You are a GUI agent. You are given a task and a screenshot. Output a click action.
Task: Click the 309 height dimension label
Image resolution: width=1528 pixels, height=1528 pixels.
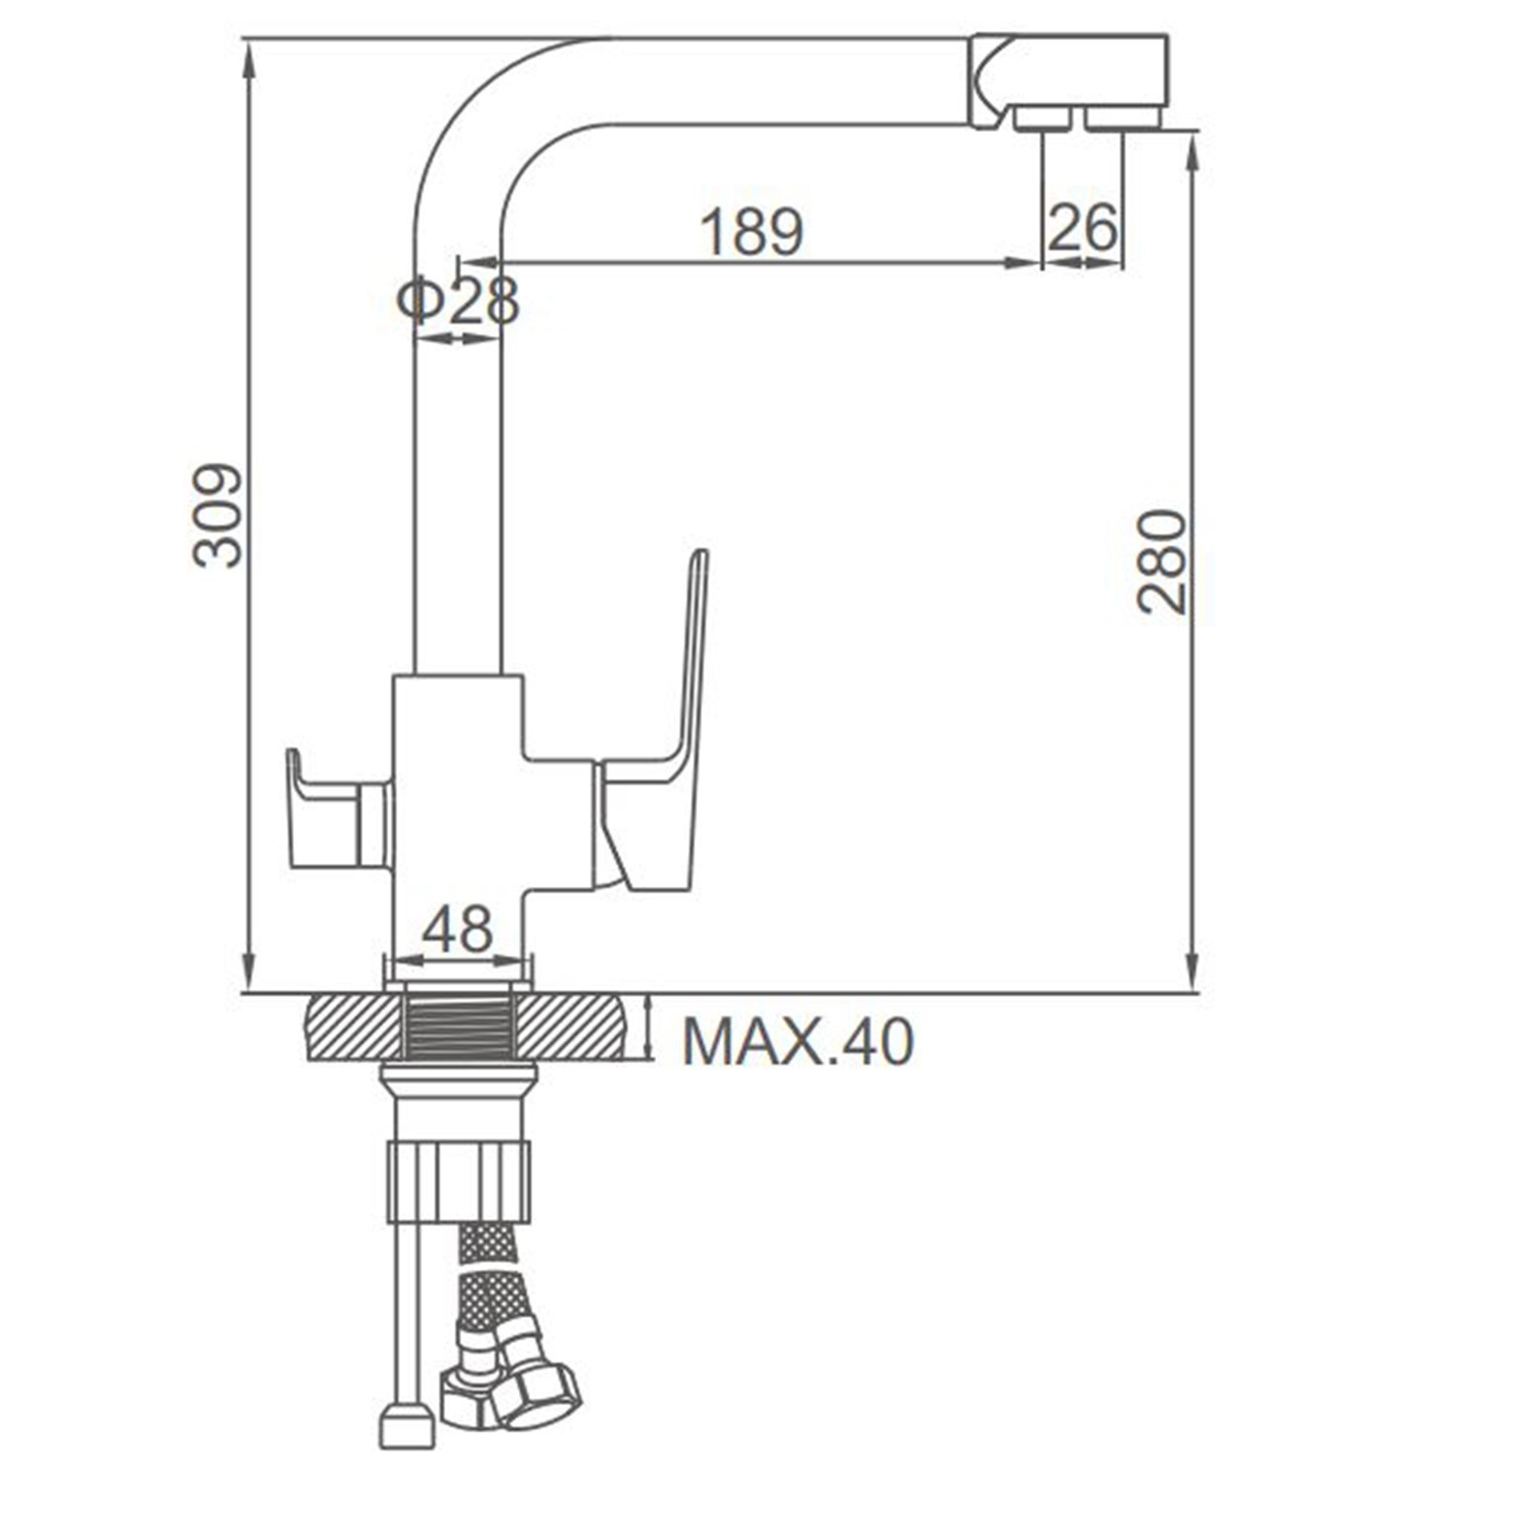(x=218, y=517)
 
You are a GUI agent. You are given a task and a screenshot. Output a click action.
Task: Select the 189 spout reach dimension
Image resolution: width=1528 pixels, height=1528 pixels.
(x=752, y=231)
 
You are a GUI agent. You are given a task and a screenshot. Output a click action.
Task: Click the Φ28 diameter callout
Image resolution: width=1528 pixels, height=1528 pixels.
(x=458, y=301)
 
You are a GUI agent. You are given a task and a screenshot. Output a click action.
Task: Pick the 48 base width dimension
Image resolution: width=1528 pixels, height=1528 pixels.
(x=457, y=928)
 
